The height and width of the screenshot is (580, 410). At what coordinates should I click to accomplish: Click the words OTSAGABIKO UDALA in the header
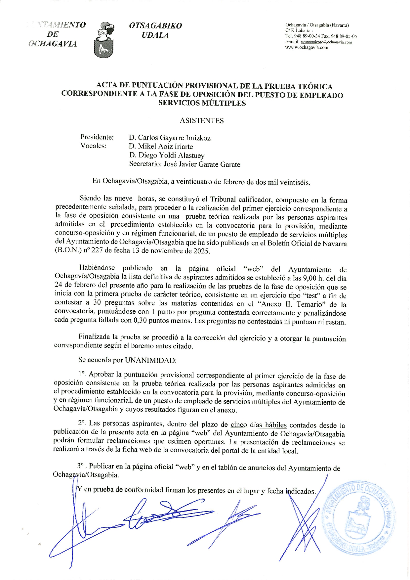(x=155, y=30)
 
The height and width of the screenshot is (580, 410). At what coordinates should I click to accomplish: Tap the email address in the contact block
(x=326, y=42)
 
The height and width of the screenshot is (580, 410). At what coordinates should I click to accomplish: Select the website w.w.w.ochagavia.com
(x=307, y=47)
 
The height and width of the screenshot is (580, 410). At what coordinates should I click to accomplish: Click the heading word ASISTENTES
(x=202, y=121)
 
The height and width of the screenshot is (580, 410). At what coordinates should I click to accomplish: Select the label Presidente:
(x=97, y=137)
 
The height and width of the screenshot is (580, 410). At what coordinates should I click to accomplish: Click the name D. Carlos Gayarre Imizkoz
(x=170, y=138)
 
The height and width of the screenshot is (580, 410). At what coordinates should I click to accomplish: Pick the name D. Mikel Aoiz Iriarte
(x=161, y=147)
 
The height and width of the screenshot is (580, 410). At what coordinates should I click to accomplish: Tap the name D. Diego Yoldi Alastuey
(x=167, y=156)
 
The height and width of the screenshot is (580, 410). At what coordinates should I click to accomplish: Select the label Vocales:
(x=93, y=146)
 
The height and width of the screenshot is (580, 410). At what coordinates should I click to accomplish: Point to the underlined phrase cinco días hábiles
(x=258, y=425)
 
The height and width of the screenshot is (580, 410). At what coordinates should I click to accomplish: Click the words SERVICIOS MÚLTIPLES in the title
(x=202, y=103)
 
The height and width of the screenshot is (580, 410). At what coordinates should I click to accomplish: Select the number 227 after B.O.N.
(x=97, y=251)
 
